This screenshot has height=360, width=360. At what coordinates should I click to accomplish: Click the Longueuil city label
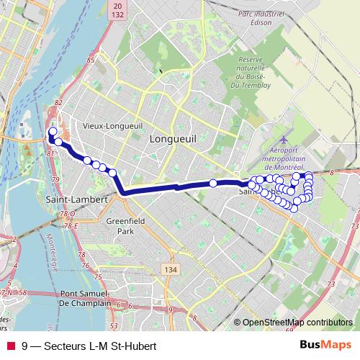[x=173, y=138]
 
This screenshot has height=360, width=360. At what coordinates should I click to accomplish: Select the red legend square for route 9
[x=10, y=346]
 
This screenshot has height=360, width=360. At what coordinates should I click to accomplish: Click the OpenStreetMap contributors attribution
[x=297, y=323]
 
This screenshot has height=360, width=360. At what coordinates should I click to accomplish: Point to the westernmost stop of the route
[x=52, y=131]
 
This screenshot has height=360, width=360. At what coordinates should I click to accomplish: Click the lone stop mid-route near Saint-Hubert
[x=213, y=184]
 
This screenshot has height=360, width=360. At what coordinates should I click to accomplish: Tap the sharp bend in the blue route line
[x=124, y=192]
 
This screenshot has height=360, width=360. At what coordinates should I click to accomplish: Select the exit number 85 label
[x=91, y=59]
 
